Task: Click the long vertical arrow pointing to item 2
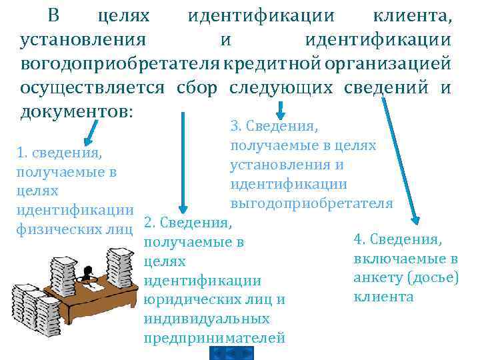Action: click(x=181, y=160)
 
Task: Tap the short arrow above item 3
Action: click(x=281, y=109)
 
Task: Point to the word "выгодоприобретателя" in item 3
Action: click(x=311, y=203)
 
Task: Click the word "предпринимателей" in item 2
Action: click(x=214, y=337)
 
